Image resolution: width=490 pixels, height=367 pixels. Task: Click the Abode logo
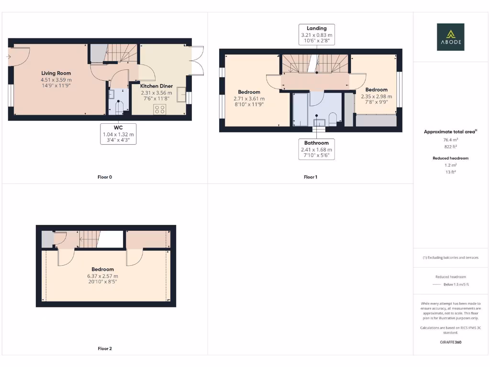point(450,37)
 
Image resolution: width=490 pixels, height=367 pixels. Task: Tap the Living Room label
point(56,74)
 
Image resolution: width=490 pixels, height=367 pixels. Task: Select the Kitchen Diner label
point(156,86)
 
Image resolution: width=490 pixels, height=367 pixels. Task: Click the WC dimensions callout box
point(119,134)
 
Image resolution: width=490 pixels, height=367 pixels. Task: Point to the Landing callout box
point(317,35)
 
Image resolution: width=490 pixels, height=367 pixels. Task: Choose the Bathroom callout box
point(317,149)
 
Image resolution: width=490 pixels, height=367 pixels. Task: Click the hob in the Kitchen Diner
point(159,109)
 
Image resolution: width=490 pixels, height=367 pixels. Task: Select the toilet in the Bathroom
point(333,118)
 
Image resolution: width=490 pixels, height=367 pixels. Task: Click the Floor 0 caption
point(105,177)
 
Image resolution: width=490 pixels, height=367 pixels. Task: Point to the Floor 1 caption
point(311,177)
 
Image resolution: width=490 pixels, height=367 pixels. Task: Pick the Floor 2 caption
point(105,349)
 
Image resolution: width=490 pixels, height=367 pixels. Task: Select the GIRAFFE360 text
point(450,342)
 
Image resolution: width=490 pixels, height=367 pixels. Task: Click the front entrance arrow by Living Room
point(9,57)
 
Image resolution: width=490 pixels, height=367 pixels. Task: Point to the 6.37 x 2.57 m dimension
point(103,276)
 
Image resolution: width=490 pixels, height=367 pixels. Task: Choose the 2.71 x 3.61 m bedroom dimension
point(249,98)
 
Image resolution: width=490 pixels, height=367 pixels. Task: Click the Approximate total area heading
point(449,131)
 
